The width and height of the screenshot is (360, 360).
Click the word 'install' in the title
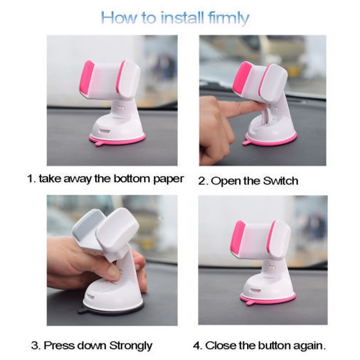pos(182,17)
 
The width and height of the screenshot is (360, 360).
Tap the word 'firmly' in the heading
pos(229,18)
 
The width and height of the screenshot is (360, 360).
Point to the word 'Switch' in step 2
pos(281,181)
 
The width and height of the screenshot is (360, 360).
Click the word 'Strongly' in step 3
pos(131,346)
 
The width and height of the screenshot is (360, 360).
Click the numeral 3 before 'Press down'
pos(35,346)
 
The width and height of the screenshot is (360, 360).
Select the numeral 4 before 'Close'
pos(197,346)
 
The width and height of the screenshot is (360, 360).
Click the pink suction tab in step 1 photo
pos(99,144)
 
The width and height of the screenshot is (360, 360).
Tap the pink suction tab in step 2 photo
pos(247,143)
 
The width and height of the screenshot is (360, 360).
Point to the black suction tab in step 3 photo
pos(82,310)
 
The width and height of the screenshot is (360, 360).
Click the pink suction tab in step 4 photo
pos(250,302)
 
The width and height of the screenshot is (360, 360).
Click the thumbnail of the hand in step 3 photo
pos(114,272)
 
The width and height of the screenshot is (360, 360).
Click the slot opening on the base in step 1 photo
pos(105,131)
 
